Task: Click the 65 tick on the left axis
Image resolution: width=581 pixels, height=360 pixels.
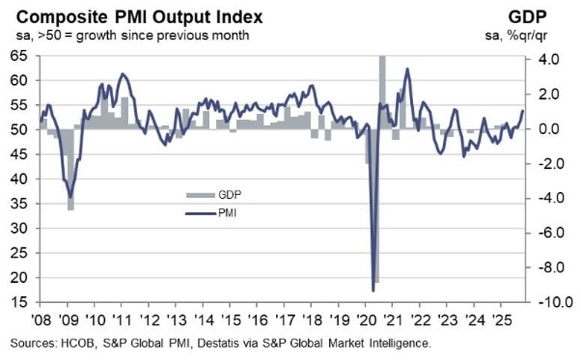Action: coord(19,55)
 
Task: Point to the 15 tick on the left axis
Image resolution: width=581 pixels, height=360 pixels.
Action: coord(19,302)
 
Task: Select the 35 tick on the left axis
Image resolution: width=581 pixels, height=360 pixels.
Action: coord(19,204)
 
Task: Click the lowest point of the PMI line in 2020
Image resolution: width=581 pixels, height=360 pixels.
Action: coord(373,290)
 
